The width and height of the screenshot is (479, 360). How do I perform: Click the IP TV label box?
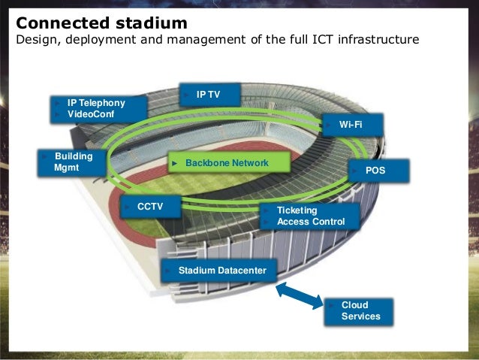tap(209, 95)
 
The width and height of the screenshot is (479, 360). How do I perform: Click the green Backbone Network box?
tap(227, 162)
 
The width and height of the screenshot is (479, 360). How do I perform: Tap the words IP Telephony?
tap(96, 102)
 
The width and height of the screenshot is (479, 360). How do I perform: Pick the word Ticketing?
tap(297, 210)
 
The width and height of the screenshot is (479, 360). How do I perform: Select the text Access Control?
tap(311, 222)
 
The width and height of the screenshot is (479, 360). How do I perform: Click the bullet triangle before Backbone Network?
tap(174, 162)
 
